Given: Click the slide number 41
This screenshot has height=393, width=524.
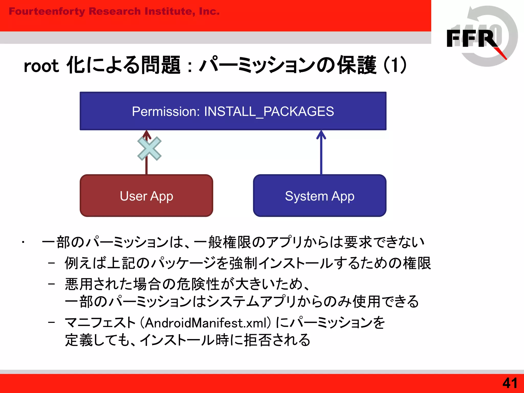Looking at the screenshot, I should click(x=510, y=383).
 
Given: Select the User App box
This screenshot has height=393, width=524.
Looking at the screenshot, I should click(x=146, y=196).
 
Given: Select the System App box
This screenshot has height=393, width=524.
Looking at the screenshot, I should click(x=320, y=196).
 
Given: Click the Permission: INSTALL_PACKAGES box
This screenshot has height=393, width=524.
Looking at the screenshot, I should click(x=233, y=111).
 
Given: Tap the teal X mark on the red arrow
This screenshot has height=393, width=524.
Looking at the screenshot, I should click(x=149, y=149).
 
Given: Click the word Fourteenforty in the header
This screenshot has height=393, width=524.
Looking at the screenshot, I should click(x=47, y=11).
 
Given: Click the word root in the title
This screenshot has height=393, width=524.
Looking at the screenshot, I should click(x=41, y=66).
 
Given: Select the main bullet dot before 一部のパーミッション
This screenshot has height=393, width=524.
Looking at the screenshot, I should click(x=23, y=242).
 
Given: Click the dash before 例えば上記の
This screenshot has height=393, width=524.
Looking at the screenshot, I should click(x=51, y=263).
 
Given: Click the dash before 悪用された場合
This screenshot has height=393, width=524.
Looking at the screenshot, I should click(x=51, y=284).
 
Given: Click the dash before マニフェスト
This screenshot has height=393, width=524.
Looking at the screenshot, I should click(x=51, y=322).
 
